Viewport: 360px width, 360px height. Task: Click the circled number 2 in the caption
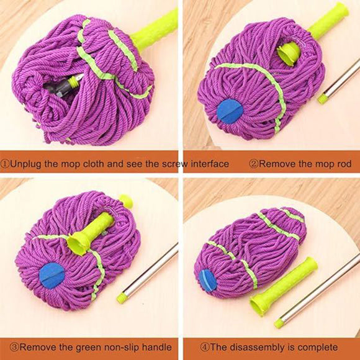pyautogui.click(x=253, y=164)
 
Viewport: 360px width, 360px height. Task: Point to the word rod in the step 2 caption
pyautogui.click(x=344, y=164)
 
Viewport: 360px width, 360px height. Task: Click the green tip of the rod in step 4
pyautogui.click(x=279, y=322)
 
